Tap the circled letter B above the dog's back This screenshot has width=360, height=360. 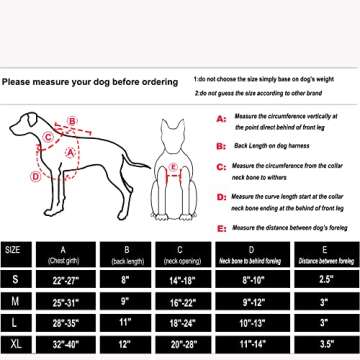coord(72,121)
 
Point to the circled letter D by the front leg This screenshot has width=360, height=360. coord(35,176)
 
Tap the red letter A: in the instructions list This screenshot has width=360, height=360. coord(221,117)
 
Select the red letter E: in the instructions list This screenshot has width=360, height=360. coord(221,227)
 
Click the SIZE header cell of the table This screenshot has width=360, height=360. coord(13,250)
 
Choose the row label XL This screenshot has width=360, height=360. coord(13,345)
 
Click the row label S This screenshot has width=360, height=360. coord(13,279)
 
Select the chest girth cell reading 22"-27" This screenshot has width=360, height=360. coord(65,279)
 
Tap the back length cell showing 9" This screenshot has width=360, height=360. coord(125,301)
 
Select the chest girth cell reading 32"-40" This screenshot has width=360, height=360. coord(65,345)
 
